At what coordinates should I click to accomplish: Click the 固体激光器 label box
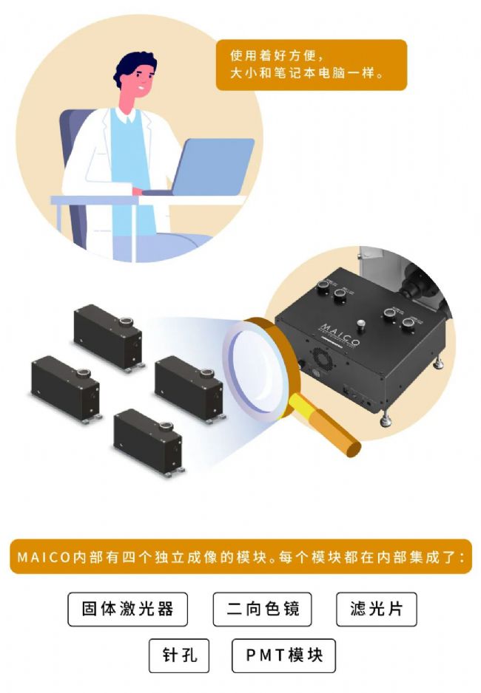pos(127,609)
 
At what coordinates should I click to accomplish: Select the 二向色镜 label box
pos(263,609)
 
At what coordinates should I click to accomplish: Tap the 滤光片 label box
pos(377,609)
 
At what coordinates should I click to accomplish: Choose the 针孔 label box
pos(179,655)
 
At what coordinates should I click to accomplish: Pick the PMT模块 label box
pos(283,655)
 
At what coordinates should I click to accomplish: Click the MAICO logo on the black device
pos(340,335)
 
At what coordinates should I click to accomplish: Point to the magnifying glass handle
pos(326,425)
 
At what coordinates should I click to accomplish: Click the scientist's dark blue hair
pos(134,66)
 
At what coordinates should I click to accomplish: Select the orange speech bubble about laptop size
pos(311,65)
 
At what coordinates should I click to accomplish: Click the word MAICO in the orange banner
pos(44,557)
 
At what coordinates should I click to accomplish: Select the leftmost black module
pos(67,389)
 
